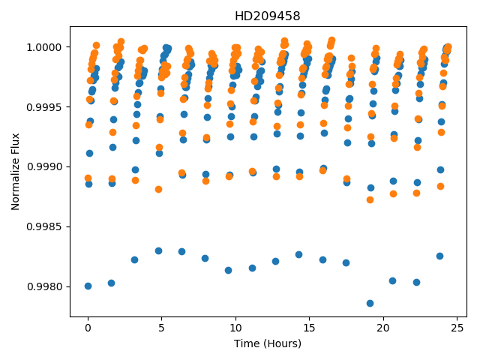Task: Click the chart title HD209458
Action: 267,16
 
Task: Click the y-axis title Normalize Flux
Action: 15,172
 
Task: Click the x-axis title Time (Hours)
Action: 268,343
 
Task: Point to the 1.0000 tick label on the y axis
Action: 44,47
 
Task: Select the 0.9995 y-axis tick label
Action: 44,107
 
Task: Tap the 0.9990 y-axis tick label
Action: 44,166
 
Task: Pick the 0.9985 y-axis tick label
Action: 44,226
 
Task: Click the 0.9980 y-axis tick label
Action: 44,286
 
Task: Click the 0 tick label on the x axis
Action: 88,328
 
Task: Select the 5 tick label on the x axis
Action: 162,328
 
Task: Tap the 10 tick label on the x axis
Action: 235,328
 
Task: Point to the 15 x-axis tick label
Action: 310,328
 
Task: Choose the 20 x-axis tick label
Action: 383,328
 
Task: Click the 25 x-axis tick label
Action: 457,328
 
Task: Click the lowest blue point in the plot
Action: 370,303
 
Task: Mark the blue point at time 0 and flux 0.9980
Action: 88,286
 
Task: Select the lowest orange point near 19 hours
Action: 370,200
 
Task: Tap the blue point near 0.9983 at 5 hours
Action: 158,251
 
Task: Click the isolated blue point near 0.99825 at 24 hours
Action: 439,256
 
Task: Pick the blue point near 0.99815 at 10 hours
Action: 228,270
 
